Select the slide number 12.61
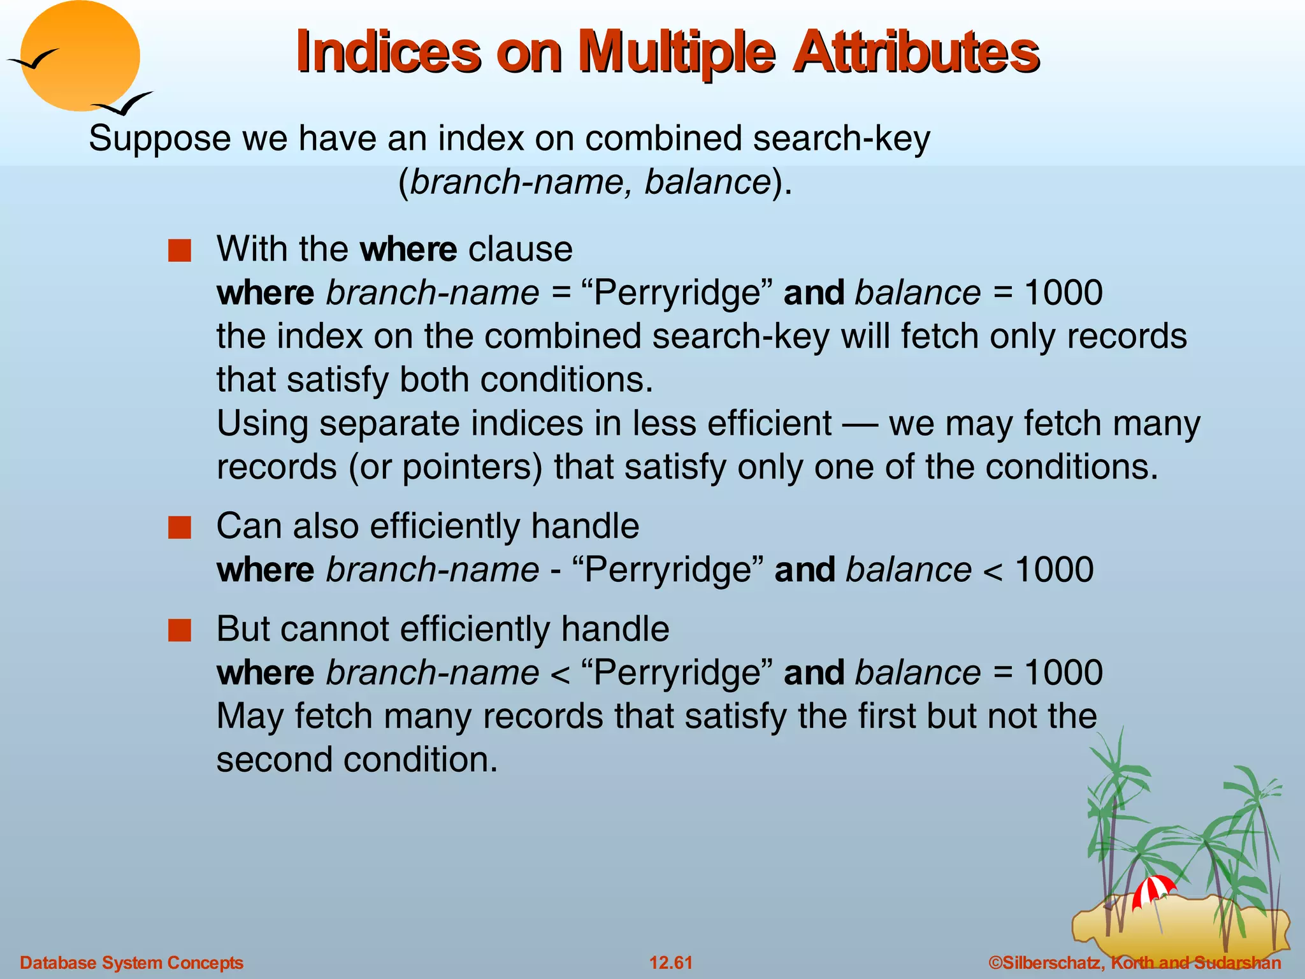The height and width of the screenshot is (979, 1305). click(670, 962)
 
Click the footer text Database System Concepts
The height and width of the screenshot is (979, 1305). click(131, 962)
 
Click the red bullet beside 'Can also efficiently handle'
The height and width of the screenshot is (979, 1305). click(180, 528)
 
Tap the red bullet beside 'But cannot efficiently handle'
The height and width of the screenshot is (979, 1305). click(180, 631)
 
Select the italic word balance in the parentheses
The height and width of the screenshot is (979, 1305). click(707, 182)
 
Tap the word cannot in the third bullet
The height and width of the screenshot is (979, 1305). click(334, 629)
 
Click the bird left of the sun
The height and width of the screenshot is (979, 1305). click(33, 60)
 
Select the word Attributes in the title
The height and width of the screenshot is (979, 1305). click(916, 52)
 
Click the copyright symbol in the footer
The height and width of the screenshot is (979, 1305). click(995, 962)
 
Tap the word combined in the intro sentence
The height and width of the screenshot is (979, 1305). click(663, 139)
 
